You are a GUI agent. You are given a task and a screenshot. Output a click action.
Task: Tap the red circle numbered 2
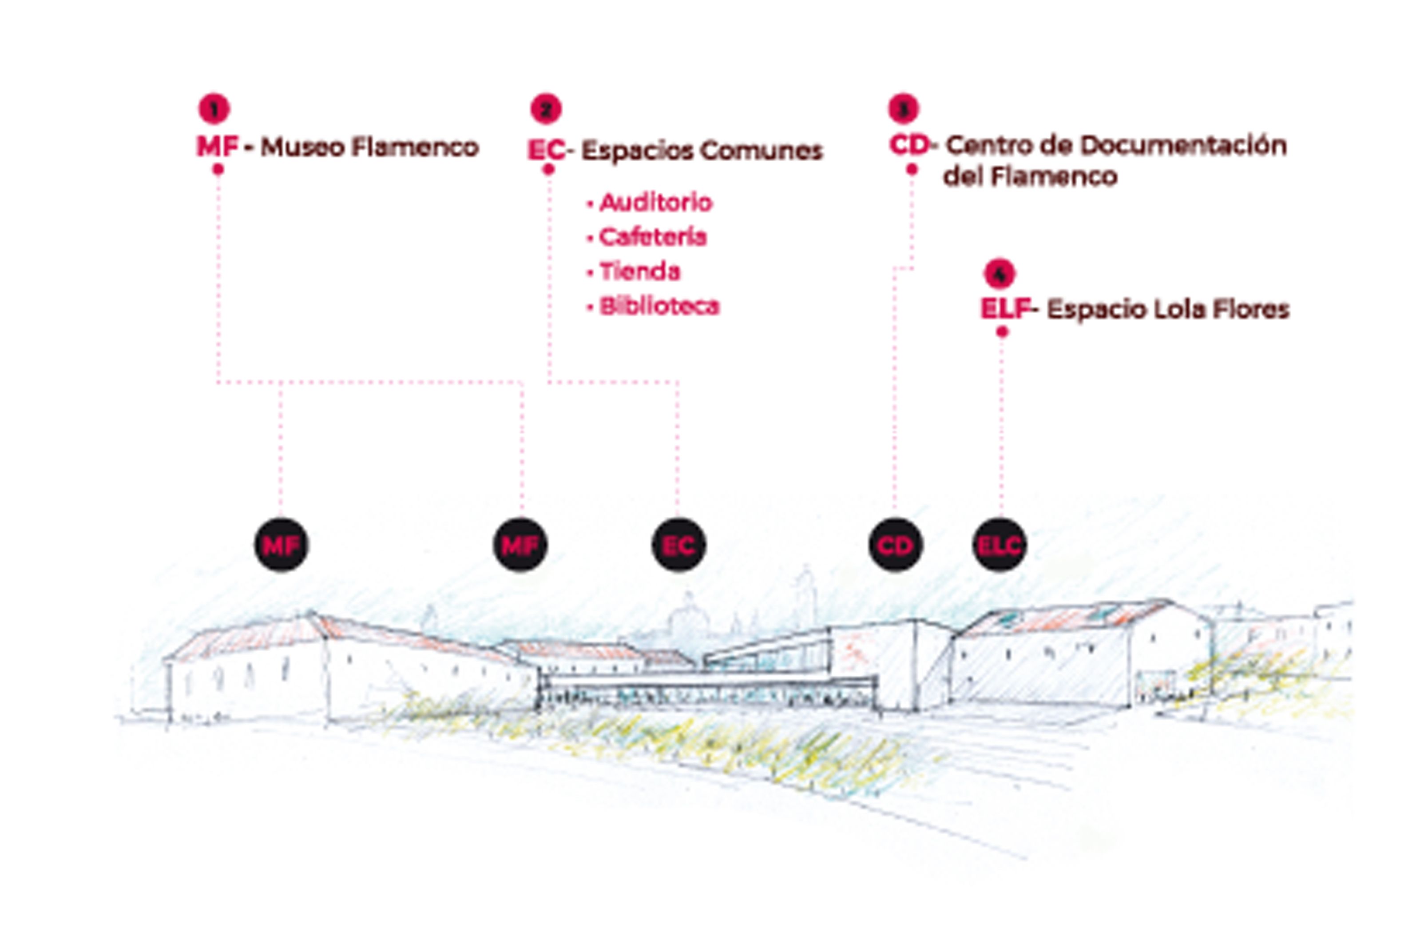coord(546,110)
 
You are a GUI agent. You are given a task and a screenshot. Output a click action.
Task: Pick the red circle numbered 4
coord(999,274)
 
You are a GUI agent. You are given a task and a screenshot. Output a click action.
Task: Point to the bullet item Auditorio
coord(656,203)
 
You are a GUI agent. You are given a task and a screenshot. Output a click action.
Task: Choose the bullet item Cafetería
coord(653,237)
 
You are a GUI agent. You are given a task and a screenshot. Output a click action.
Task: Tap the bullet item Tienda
coord(640,272)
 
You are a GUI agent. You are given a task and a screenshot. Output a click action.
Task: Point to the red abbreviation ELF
coord(1004,309)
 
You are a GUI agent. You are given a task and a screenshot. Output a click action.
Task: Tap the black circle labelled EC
coord(678,545)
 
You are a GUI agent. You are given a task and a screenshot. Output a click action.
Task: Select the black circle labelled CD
coord(895,545)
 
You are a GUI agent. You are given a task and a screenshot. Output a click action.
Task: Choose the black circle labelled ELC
coord(999,545)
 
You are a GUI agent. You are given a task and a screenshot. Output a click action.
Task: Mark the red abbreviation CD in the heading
coord(909,145)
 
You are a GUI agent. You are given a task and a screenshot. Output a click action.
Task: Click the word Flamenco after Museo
coord(415,148)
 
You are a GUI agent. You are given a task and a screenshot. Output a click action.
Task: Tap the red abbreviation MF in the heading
coord(217,147)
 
